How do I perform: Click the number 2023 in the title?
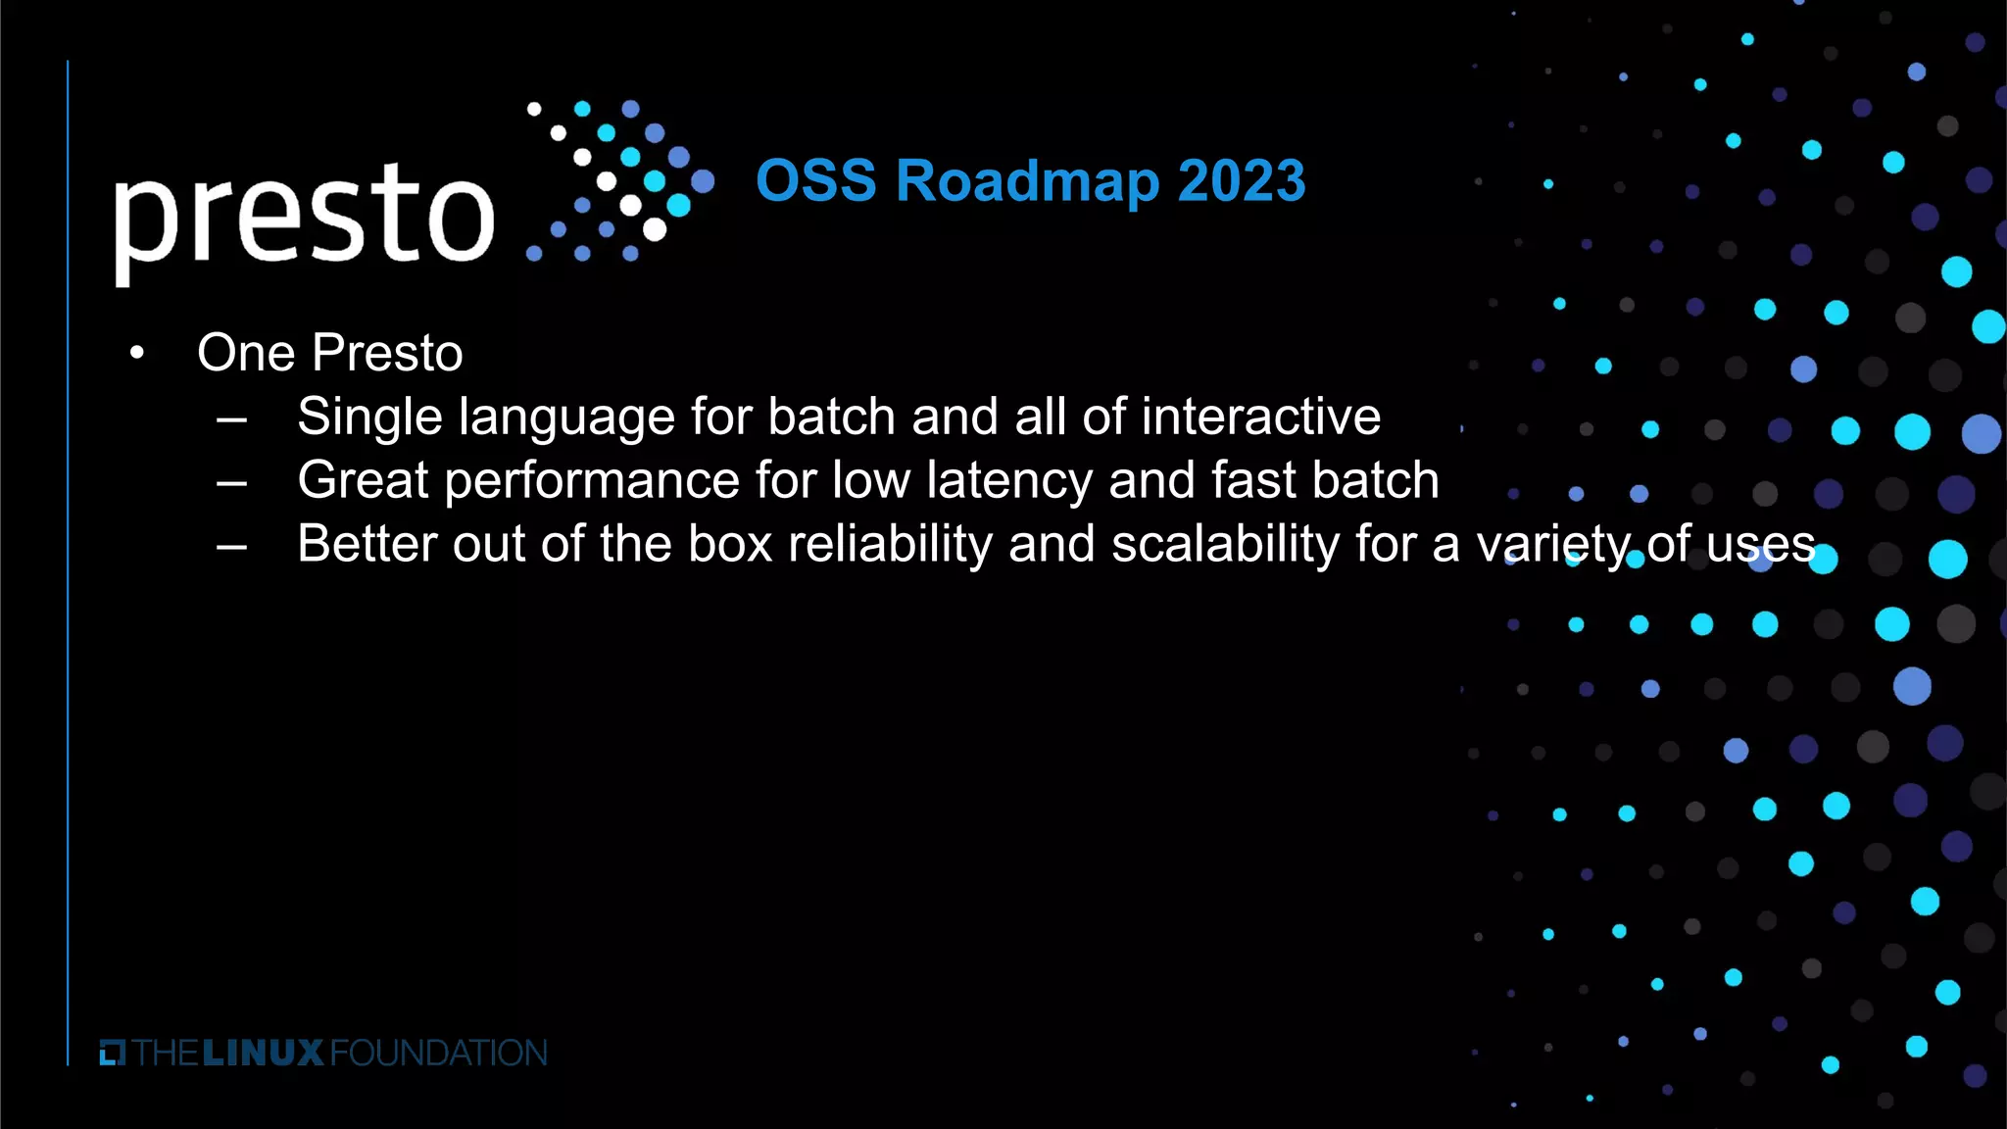pos(1241,181)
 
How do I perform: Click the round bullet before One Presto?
pos(137,353)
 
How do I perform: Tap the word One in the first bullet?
pos(246,353)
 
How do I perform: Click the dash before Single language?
pos(231,419)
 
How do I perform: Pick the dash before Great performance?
pos(231,483)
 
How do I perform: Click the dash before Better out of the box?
pos(231,547)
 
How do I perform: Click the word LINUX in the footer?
pos(263,1054)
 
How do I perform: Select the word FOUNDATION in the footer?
pos(439,1054)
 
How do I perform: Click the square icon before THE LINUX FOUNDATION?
pos(113,1054)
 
